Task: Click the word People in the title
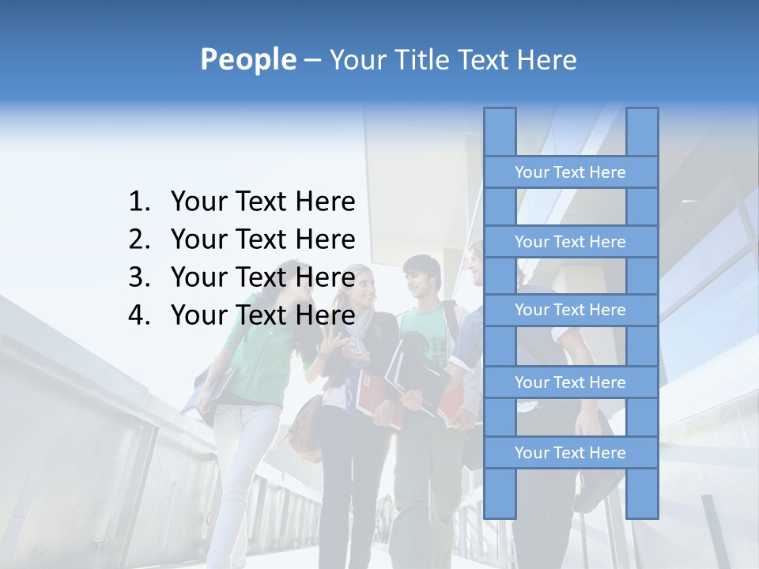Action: (x=247, y=59)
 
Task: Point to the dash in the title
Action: (x=312, y=60)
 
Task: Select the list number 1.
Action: (x=138, y=202)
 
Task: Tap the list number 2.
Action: (x=138, y=239)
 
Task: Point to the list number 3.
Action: (x=138, y=277)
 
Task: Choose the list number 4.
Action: (x=138, y=315)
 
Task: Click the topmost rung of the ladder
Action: (x=570, y=172)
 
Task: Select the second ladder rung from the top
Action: (x=570, y=242)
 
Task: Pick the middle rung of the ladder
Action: (x=570, y=310)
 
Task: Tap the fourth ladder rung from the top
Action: (x=570, y=382)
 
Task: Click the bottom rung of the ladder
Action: (x=570, y=453)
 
